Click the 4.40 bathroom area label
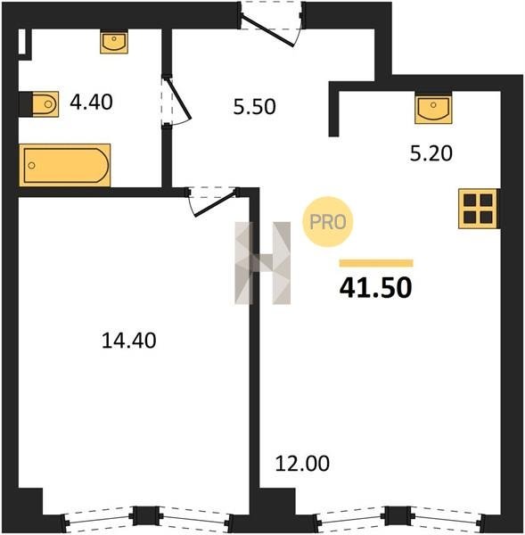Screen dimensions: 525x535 91,102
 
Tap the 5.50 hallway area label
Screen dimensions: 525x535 255,106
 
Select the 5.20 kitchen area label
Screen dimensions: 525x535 431,153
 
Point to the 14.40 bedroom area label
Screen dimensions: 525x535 129,341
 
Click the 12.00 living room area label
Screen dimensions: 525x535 302,464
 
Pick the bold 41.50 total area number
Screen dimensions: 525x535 375,288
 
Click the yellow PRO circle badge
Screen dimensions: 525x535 327,222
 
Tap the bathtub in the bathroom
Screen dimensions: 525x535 65,165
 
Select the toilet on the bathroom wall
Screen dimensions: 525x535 45,104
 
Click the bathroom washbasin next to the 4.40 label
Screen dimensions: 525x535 114,42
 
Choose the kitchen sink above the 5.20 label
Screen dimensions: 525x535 433,109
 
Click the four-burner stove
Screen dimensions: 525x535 479,209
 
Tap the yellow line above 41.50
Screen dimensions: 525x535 376,263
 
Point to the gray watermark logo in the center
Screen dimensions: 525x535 263,263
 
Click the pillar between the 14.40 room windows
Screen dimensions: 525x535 146,515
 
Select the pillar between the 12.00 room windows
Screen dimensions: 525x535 398,515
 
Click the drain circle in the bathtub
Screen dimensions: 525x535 32,166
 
